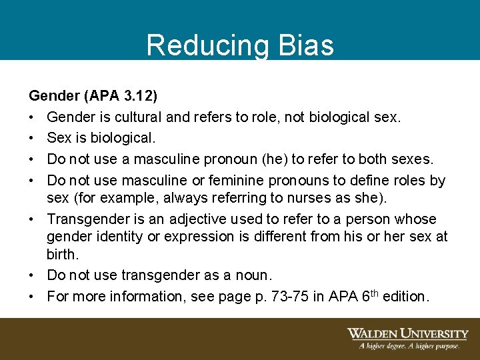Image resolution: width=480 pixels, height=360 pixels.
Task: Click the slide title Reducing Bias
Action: [240, 45]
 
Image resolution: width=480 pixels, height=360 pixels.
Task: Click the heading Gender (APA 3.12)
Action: [93, 97]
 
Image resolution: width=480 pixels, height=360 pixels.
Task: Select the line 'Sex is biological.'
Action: [101, 138]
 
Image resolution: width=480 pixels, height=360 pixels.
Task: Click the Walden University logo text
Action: [407, 334]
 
